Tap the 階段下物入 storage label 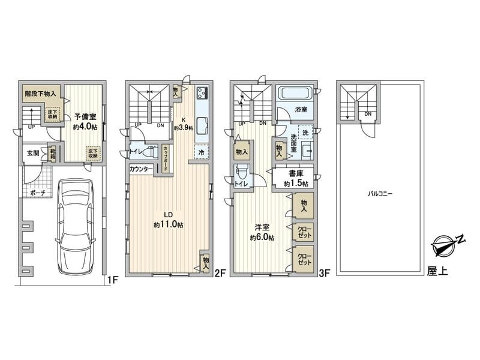pyautogui.click(x=40, y=94)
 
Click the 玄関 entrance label pyautogui.click(x=32, y=153)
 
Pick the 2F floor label pyautogui.click(x=219, y=273)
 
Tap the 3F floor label pyautogui.click(x=324, y=273)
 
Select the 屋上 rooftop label pyautogui.click(x=437, y=272)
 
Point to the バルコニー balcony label pyautogui.click(x=380, y=194)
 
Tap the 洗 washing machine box pyautogui.click(x=305, y=132)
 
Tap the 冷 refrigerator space pyautogui.click(x=202, y=152)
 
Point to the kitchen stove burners pyautogui.click(x=202, y=92)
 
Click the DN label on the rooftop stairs pyautogui.click(x=367, y=114)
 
